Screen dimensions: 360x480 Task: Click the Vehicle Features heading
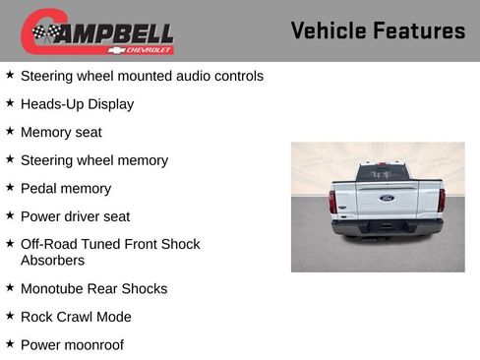click(378, 30)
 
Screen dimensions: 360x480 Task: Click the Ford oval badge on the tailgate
click(387, 198)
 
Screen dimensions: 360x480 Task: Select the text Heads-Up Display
click(77, 103)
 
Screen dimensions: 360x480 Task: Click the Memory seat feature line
click(61, 132)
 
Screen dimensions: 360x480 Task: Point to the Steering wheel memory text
click(94, 160)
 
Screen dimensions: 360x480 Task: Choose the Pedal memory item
click(66, 188)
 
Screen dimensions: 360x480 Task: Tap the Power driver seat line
click(75, 216)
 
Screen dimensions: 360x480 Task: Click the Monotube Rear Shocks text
click(94, 288)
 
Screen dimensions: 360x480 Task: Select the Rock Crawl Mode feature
click(76, 317)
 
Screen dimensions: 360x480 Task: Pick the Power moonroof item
click(72, 345)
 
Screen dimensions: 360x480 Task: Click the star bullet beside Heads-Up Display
click(10, 102)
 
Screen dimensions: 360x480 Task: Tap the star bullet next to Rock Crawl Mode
click(10, 316)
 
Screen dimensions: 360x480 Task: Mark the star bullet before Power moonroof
click(10, 344)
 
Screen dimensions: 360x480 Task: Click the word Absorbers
click(52, 261)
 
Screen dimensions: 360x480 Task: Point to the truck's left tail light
click(332, 202)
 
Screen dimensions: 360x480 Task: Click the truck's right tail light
click(442, 202)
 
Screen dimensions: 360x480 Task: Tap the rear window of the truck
click(383, 173)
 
